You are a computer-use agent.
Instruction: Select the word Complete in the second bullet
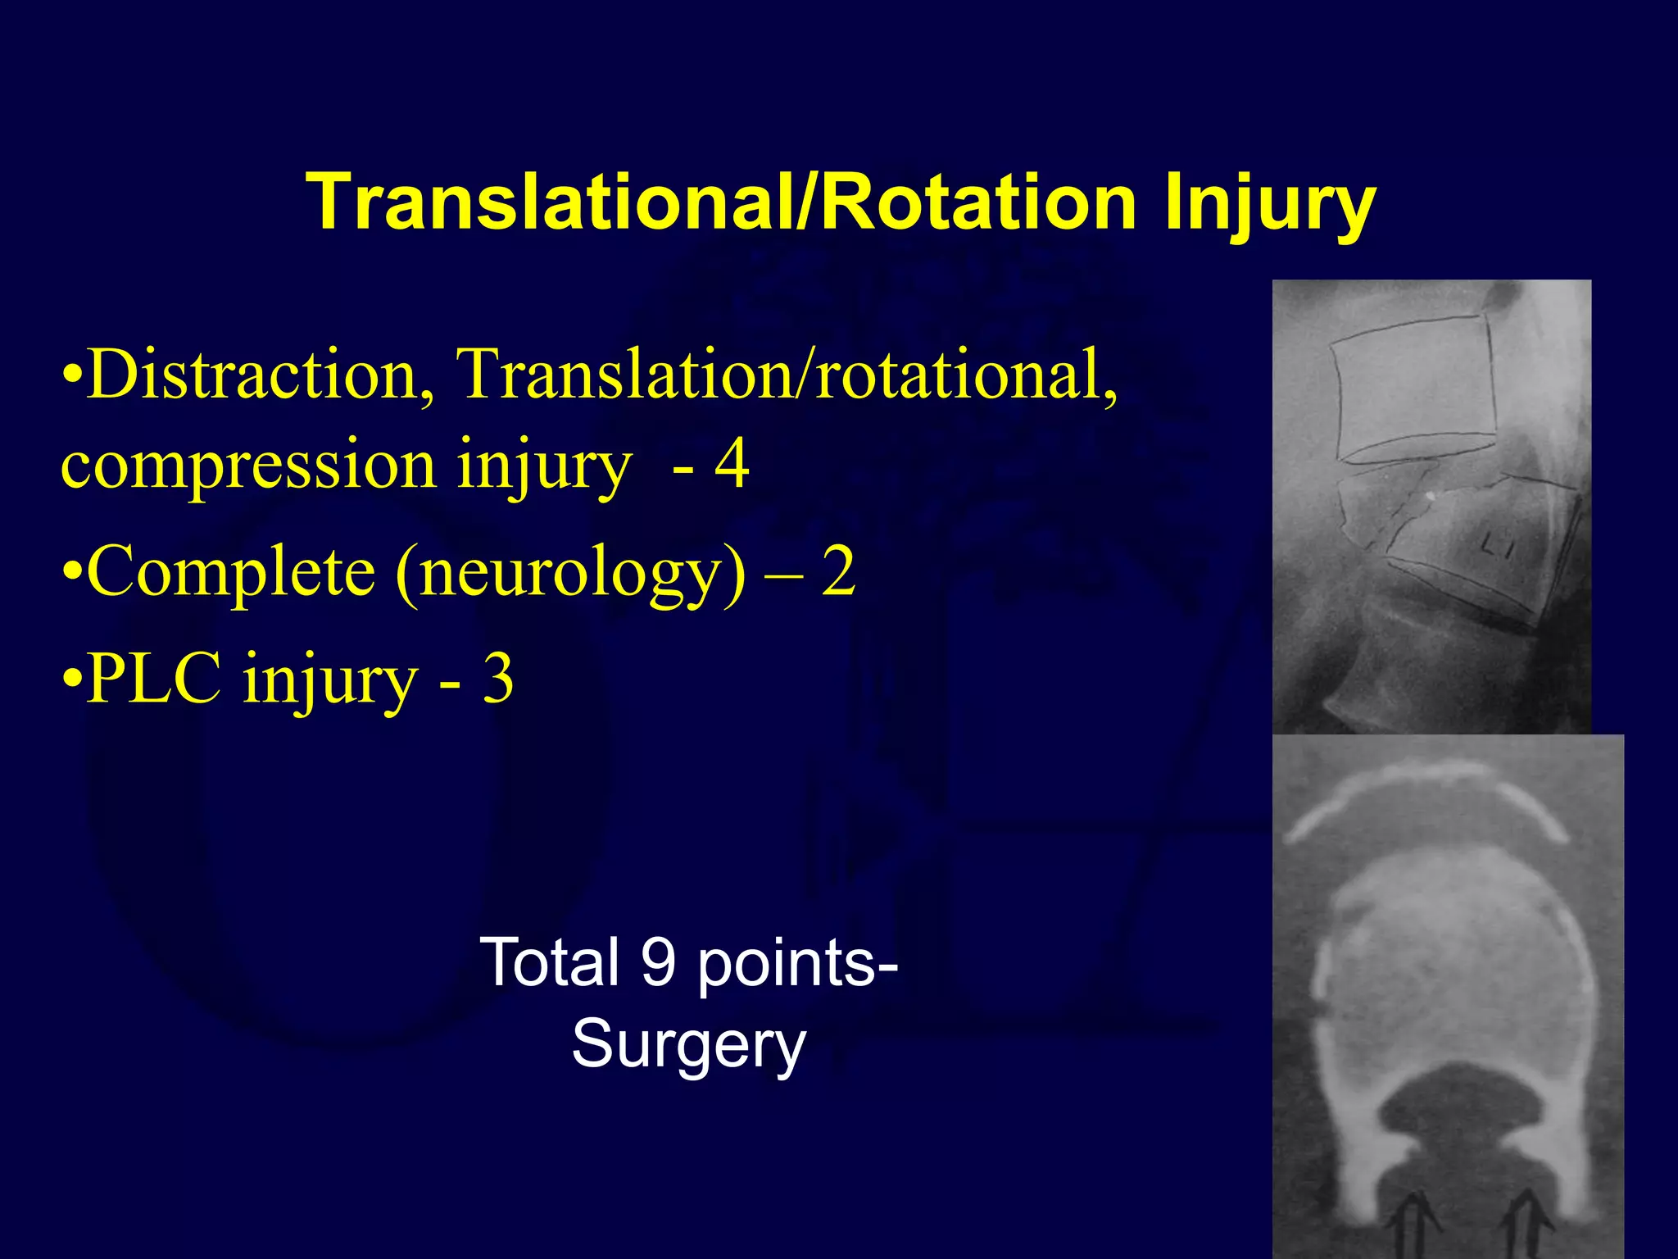pyautogui.click(x=230, y=571)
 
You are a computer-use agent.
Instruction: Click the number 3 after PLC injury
pyautogui.click(x=497, y=679)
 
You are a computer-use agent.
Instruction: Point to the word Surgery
pyautogui.click(x=688, y=1044)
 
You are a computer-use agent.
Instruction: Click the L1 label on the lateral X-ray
pyautogui.click(x=1499, y=544)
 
